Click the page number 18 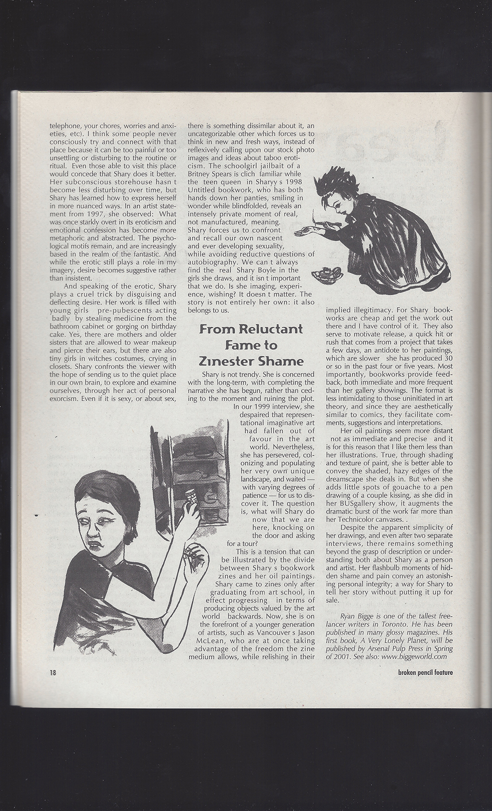pos(52,672)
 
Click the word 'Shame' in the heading pos(280,362)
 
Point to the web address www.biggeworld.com pos(412,656)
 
